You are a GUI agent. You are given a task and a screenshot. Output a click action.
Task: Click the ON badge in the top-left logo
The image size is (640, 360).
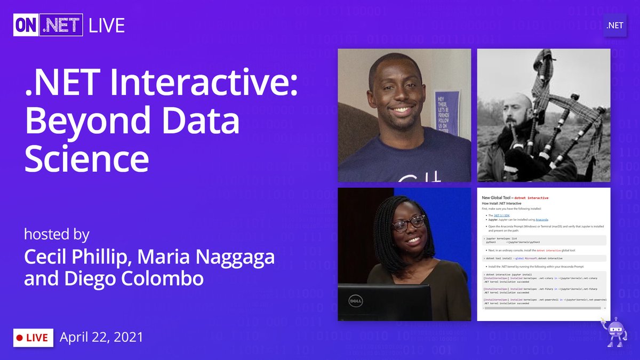pyautogui.click(x=27, y=25)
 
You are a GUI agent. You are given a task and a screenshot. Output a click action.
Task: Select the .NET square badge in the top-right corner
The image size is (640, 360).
pyautogui.click(x=614, y=25)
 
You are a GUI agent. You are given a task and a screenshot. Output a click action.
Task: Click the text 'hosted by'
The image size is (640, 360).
pyautogui.click(x=56, y=235)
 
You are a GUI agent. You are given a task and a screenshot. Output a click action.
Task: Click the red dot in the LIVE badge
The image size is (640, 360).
pyautogui.click(x=20, y=338)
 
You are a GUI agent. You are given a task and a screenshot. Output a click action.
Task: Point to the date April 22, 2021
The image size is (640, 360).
pyautogui.click(x=101, y=337)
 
